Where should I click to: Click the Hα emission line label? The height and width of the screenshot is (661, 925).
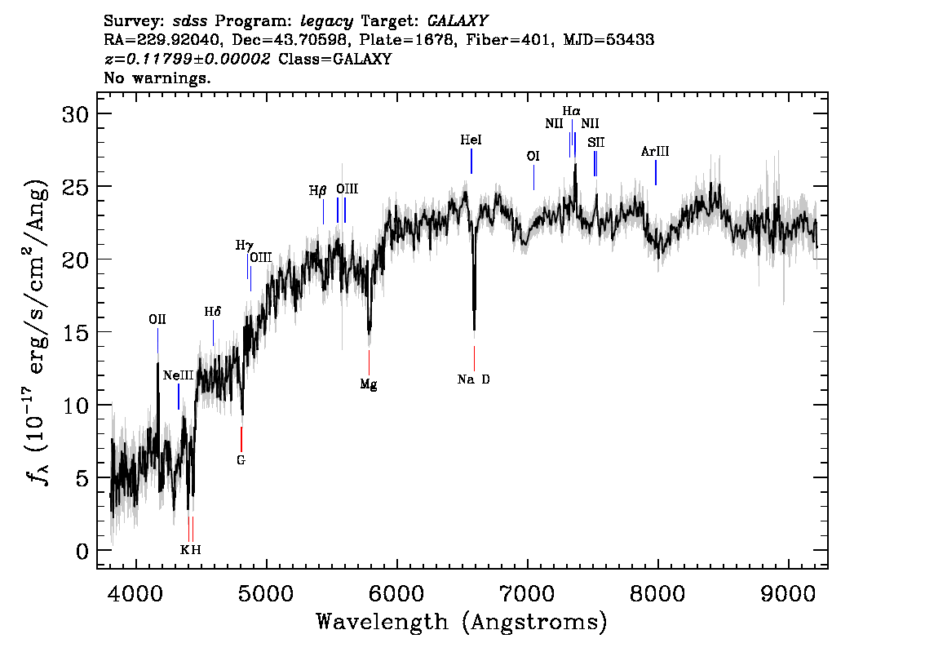(x=571, y=110)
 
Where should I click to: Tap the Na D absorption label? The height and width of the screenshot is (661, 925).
(x=474, y=379)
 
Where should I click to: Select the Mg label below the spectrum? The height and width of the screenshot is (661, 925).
(x=369, y=384)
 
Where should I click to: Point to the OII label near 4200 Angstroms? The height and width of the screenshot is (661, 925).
(x=157, y=319)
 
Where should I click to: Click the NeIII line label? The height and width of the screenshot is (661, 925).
(x=178, y=375)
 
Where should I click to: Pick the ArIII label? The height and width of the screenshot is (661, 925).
(x=655, y=152)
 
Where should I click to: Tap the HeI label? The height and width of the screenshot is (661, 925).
(x=471, y=141)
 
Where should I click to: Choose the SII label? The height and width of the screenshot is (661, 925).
(x=595, y=143)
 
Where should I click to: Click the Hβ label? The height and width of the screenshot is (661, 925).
(x=318, y=191)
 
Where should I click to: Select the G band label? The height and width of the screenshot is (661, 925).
(x=241, y=460)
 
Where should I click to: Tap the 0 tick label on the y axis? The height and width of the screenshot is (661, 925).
(x=82, y=551)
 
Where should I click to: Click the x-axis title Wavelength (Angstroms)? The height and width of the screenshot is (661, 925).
(x=462, y=623)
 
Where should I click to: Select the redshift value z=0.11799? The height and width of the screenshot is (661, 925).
(x=188, y=59)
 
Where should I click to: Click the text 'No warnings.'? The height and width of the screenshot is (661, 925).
(x=158, y=78)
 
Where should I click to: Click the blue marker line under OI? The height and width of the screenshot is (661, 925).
(x=533, y=177)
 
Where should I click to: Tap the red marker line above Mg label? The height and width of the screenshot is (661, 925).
(x=369, y=361)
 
